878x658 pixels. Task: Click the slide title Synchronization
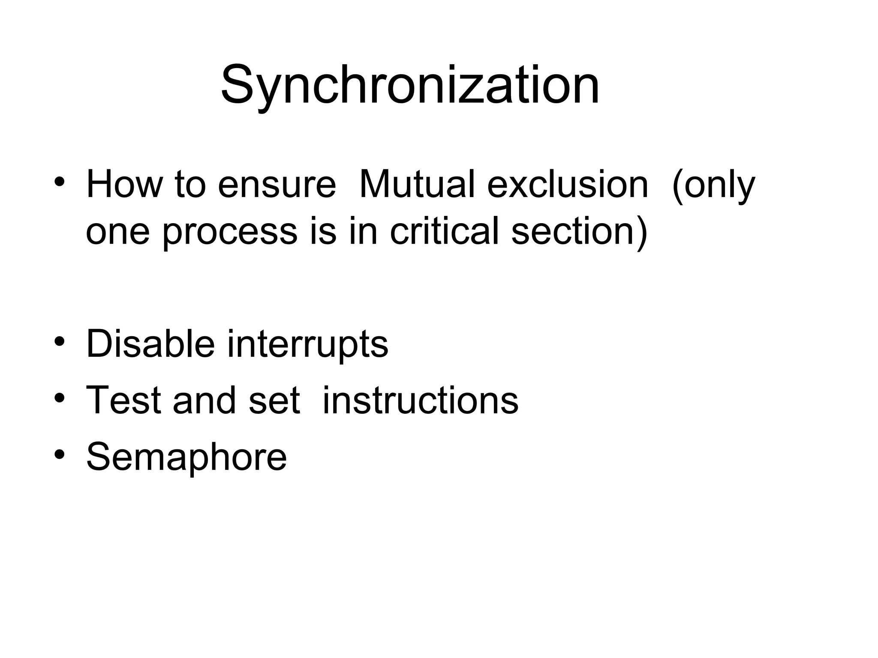pos(410,85)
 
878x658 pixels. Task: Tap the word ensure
pos(277,185)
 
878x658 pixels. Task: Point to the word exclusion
pos(568,185)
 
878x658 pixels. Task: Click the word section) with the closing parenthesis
pos(580,232)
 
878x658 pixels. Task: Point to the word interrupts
pos(307,344)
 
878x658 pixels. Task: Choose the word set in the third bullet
pos(274,400)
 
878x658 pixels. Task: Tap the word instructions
pos(420,400)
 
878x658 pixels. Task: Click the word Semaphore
pos(186,457)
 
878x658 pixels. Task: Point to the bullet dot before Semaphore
pos(60,454)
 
